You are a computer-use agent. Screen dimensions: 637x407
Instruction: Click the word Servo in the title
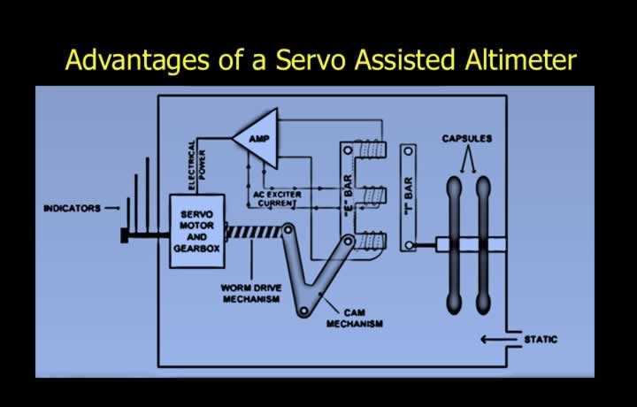point(311,59)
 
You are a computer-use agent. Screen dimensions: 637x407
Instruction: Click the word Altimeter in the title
point(521,59)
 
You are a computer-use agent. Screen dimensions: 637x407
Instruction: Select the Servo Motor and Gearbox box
point(197,231)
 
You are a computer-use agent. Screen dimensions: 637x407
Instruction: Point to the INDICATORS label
point(72,209)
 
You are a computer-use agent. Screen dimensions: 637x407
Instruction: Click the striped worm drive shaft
point(254,233)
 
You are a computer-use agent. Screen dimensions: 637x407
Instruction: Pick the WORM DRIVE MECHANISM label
point(251,293)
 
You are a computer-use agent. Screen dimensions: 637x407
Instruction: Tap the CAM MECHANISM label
point(354,318)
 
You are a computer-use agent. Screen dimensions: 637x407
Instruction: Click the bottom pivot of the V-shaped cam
point(303,311)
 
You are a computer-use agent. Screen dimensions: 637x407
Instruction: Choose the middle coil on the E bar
point(373,196)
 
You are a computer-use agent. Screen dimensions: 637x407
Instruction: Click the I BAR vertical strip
point(408,198)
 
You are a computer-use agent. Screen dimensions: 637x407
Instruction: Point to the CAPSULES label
point(467,139)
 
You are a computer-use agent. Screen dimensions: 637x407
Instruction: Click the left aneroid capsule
point(454,245)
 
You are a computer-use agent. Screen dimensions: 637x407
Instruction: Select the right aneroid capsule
point(483,245)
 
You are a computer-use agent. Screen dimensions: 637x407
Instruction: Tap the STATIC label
point(541,339)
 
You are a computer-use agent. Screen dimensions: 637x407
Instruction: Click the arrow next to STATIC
point(499,339)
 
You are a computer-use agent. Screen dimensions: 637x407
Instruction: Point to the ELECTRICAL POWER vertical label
point(197,165)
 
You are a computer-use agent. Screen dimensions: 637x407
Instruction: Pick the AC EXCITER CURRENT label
point(278,198)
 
